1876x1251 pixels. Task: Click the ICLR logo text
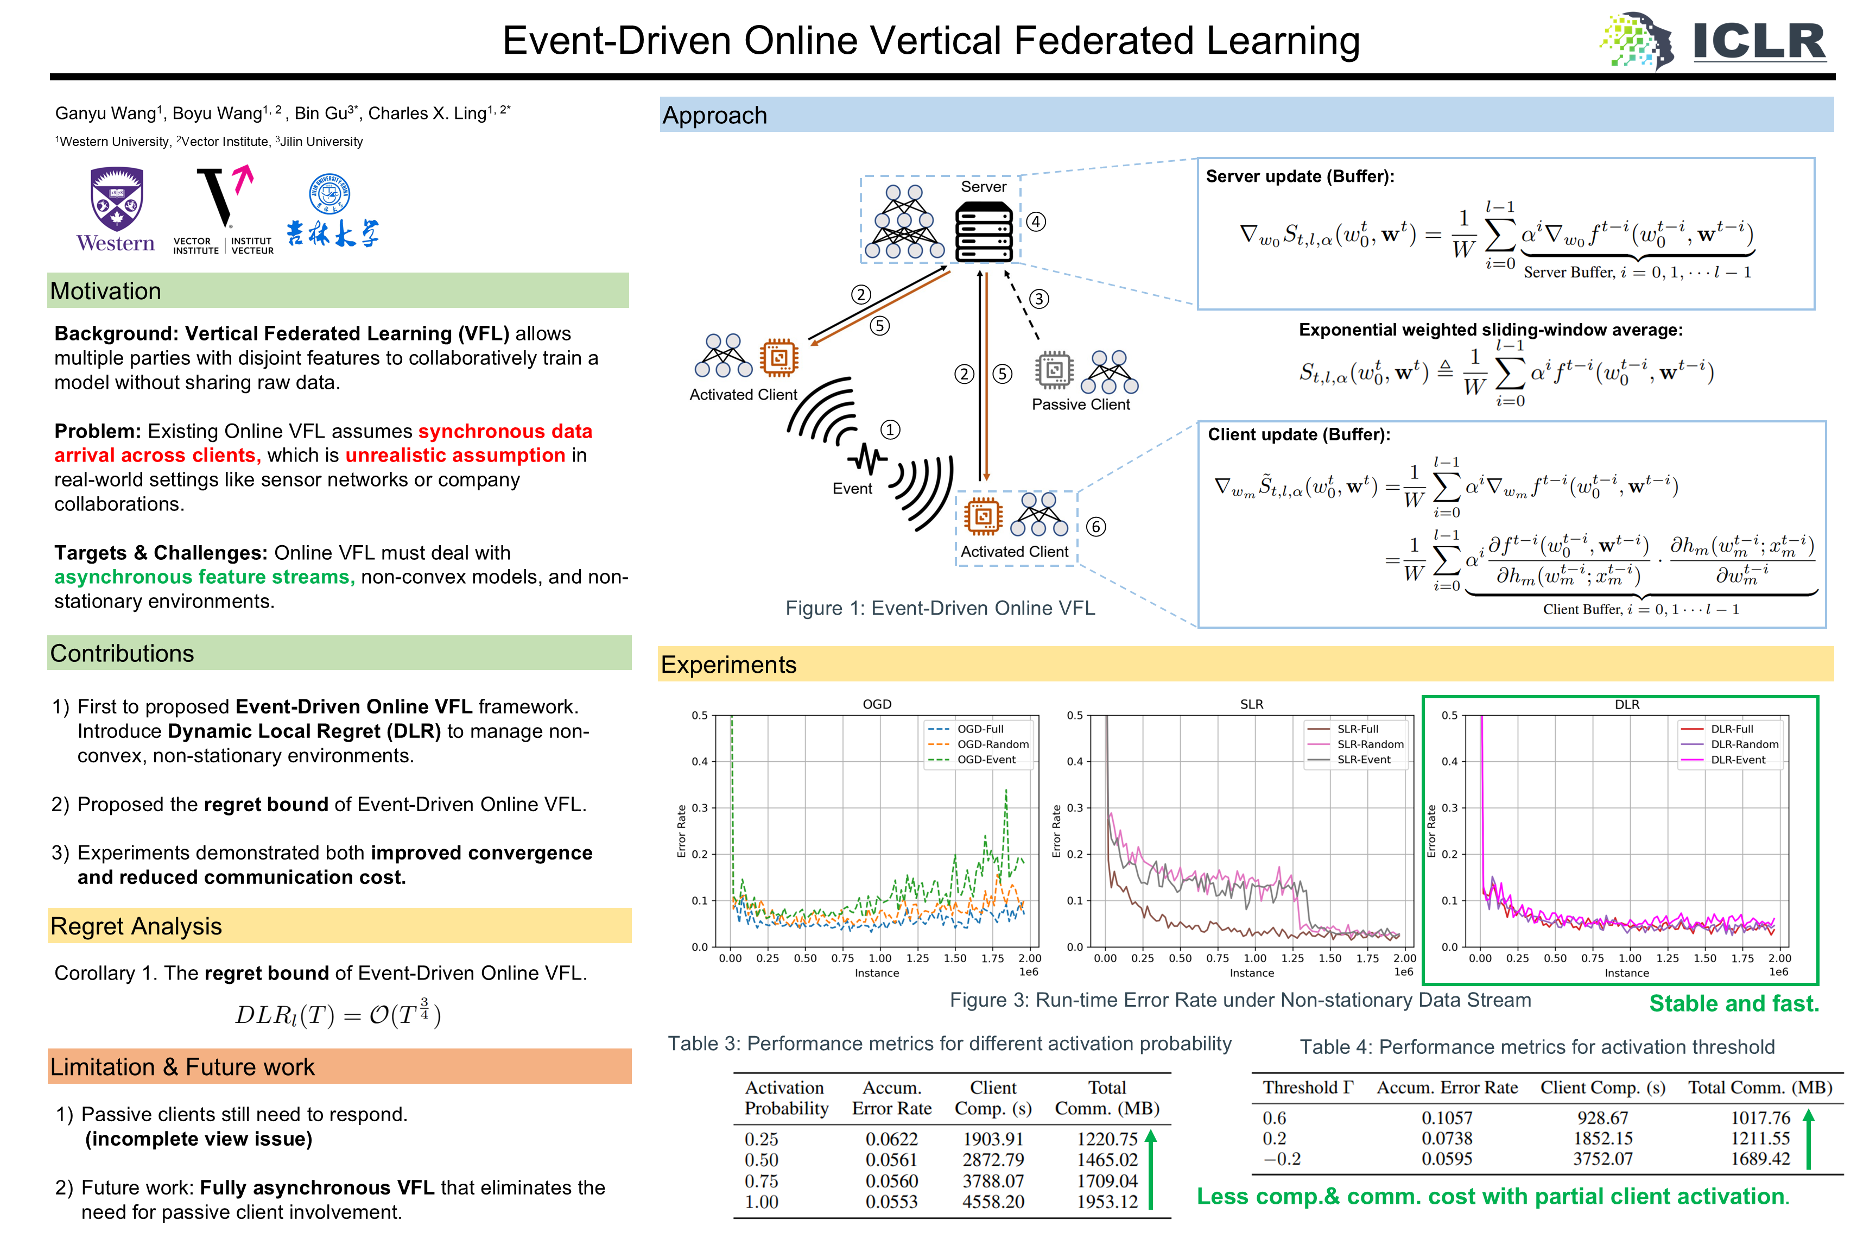click(1759, 41)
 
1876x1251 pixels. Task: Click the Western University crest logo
click(117, 199)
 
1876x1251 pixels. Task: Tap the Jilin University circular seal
click(329, 194)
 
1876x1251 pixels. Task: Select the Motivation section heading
click(105, 291)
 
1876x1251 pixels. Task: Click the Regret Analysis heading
click(136, 926)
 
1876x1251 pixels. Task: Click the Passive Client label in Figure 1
click(1081, 405)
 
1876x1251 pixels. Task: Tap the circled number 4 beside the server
click(1035, 222)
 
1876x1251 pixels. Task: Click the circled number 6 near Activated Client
click(1096, 527)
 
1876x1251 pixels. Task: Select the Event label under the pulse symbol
click(852, 488)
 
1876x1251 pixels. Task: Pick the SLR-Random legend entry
click(1355, 744)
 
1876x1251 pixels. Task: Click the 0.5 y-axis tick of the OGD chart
click(700, 716)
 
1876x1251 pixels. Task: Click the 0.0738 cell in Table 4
click(1447, 1139)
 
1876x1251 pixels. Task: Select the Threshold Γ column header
click(1308, 1088)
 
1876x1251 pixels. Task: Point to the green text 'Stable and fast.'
click(1734, 1003)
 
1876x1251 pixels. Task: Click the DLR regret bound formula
click(338, 1013)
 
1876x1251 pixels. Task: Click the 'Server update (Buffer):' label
click(1300, 176)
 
